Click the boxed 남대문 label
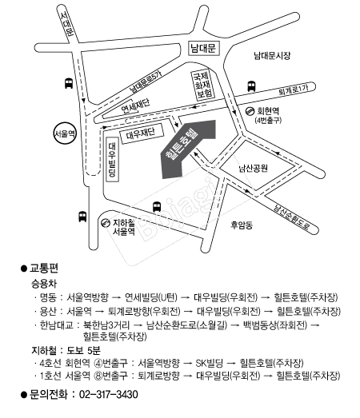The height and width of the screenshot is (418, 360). (x=204, y=48)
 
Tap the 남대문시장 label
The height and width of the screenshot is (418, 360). (x=272, y=56)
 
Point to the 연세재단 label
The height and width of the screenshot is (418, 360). (x=135, y=105)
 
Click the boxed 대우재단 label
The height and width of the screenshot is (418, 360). (x=141, y=133)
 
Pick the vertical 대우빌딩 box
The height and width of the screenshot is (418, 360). (x=112, y=159)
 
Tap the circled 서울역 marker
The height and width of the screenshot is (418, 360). (x=65, y=133)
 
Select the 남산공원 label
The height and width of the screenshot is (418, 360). (x=254, y=169)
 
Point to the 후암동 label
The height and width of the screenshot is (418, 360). (x=242, y=225)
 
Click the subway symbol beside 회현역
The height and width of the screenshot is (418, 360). (x=250, y=110)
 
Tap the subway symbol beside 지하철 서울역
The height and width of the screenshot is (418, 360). (x=106, y=222)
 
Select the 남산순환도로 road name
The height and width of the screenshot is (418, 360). (x=291, y=217)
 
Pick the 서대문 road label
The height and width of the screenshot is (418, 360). (x=66, y=24)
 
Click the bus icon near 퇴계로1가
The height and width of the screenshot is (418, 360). (x=251, y=86)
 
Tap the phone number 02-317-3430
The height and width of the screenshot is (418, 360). (x=109, y=394)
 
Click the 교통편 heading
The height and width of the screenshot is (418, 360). (x=44, y=269)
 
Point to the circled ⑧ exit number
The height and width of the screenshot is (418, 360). (x=98, y=376)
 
